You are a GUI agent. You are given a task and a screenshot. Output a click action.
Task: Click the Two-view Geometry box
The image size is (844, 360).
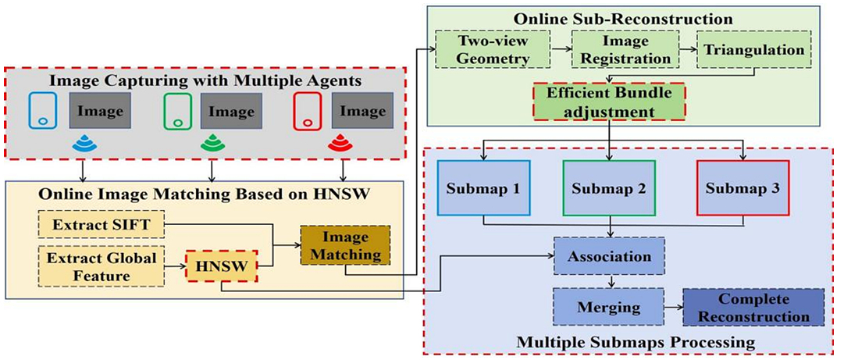(x=493, y=49)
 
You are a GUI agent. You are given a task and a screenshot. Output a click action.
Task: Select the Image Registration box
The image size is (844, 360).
(x=621, y=49)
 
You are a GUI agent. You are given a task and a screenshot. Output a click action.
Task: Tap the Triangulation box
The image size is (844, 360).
(x=753, y=49)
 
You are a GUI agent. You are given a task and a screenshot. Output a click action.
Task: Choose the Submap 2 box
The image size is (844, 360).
(x=609, y=188)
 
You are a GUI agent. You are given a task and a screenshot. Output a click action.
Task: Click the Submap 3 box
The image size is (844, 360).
(x=743, y=188)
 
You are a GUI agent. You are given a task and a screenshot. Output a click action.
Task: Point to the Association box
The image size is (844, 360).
(x=609, y=255)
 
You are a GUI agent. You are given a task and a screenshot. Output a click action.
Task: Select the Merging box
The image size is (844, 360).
(x=607, y=307)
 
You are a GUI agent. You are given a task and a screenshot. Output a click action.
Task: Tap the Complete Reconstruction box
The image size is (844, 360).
(x=753, y=308)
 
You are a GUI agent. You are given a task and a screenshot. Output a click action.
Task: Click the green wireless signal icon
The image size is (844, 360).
(x=212, y=142)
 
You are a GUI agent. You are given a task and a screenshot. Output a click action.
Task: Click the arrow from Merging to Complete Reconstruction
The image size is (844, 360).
(x=673, y=308)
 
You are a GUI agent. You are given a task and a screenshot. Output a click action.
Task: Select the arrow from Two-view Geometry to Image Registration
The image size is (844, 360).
(x=561, y=49)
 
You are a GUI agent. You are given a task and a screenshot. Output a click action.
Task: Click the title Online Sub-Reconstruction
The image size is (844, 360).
(x=622, y=18)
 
